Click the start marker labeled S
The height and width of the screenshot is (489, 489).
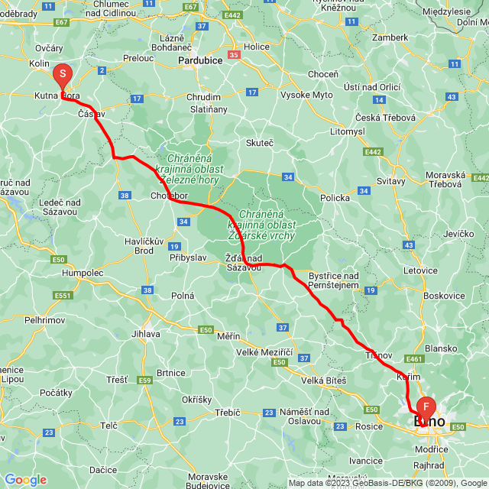coord(62,75)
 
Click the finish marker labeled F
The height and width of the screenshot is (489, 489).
coord(426,406)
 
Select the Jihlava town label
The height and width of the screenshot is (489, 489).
coord(146,333)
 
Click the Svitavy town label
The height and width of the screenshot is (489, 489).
coord(391,182)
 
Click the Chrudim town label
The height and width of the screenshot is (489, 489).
coord(203,97)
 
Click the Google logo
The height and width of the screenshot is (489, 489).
coord(25,480)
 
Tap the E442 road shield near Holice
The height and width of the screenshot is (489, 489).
coord(232,15)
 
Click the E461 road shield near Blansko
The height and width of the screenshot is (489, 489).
coord(415,358)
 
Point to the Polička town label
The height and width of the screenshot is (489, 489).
coord(334,197)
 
